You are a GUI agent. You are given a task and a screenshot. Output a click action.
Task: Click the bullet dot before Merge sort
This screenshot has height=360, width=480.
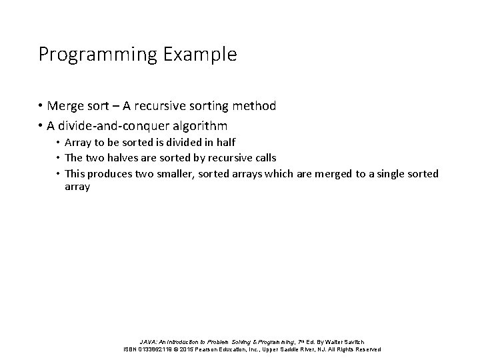[x=41, y=106]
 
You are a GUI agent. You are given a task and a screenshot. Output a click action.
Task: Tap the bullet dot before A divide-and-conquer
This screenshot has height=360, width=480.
[x=41, y=126]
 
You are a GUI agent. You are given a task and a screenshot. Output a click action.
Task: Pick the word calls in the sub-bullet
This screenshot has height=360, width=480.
[x=264, y=158]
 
